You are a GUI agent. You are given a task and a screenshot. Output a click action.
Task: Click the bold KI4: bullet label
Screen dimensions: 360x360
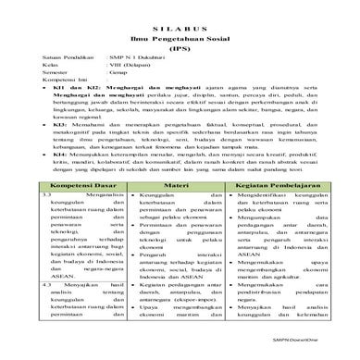coord(62,163)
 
